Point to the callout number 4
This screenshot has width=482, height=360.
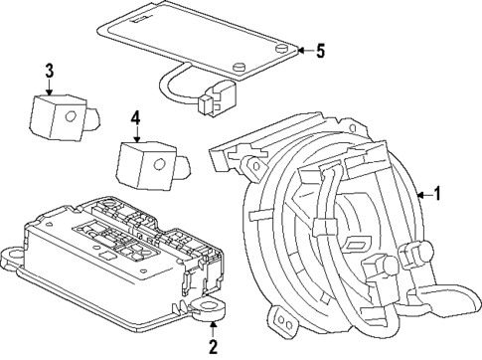point(135,119)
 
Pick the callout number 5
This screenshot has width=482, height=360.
point(320,52)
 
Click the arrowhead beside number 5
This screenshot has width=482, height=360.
point(299,52)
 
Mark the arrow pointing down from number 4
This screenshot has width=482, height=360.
point(135,139)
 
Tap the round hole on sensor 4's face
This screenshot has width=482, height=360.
point(158,165)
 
